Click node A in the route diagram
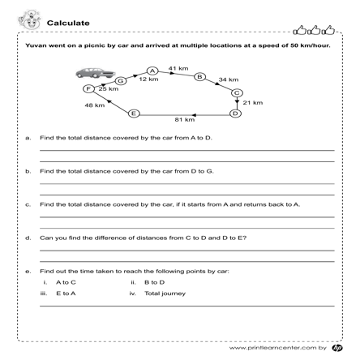click(152, 71)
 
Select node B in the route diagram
click(199, 77)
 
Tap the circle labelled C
click(237, 93)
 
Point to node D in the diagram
click(235, 113)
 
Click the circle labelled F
click(89, 88)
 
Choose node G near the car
click(121, 81)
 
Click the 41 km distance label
click(178, 68)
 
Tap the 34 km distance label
click(229, 80)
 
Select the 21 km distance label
click(253, 103)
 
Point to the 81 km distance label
click(184, 120)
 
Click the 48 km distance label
click(95, 105)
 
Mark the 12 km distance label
click(148, 80)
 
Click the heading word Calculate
click(69, 22)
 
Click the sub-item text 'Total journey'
click(162, 293)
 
